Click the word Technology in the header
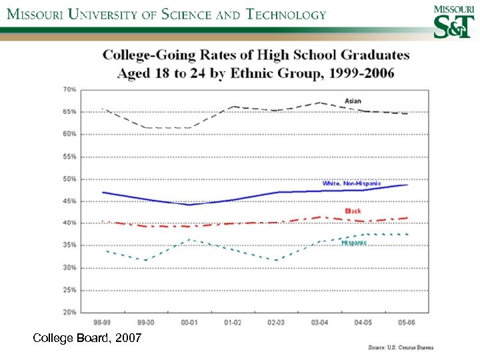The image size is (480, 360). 287,14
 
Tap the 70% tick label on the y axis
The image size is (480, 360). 69,89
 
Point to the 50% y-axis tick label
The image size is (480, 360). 69,179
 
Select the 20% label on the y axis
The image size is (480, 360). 69,312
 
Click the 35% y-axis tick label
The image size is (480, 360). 69,245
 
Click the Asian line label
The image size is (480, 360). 353,101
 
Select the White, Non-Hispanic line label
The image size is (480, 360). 351,183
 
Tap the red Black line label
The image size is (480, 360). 353,211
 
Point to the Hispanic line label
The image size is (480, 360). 354,243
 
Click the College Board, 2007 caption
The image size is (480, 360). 87,339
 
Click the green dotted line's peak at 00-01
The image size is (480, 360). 189,239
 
